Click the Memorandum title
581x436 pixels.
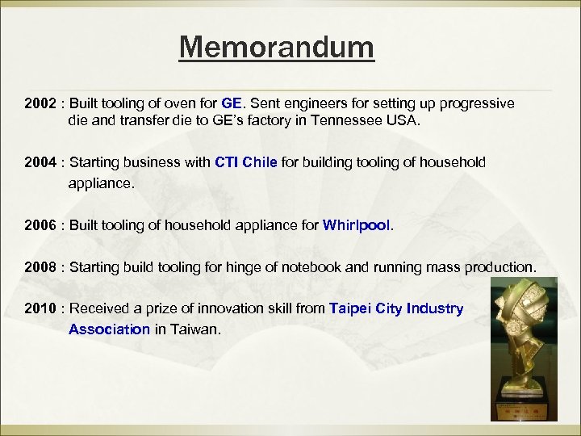point(277,48)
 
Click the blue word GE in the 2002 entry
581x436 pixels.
point(231,104)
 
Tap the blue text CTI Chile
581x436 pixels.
point(246,162)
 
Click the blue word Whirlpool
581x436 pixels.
point(357,225)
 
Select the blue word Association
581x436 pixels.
point(109,329)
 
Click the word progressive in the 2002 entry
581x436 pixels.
point(475,104)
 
